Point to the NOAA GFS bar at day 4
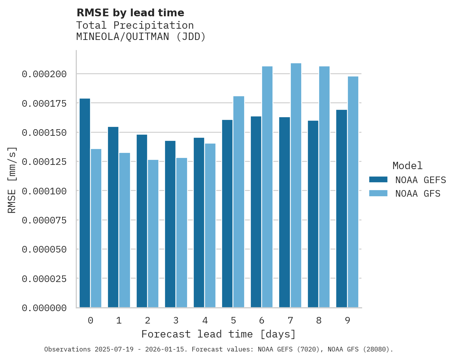[x=210, y=225]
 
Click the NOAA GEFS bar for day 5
[x=227, y=214]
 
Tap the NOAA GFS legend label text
[x=418, y=194]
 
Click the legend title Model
[x=407, y=166]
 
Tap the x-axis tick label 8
[x=319, y=320]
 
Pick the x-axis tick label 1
[x=119, y=320]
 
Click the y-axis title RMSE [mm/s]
[x=12, y=180]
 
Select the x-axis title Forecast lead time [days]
[x=219, y=334]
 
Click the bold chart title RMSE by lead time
[x=130, y=13]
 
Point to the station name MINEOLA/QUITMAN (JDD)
[x=141, y=37]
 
